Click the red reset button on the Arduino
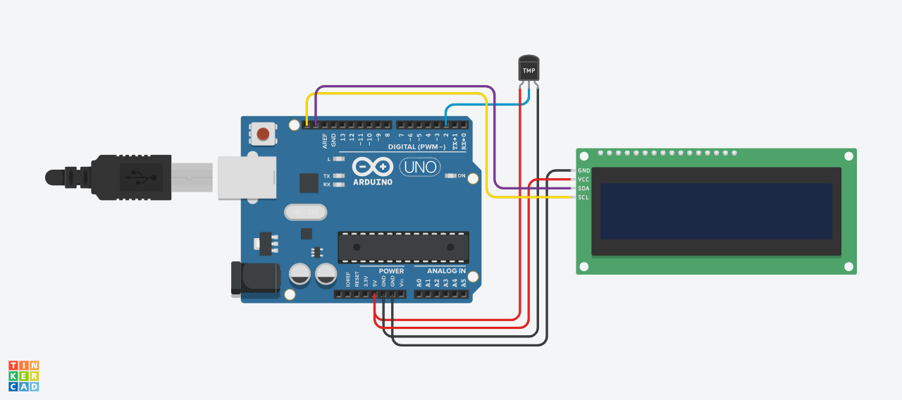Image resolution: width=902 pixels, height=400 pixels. point(263,133)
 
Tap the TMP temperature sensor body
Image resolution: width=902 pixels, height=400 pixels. point(529,70)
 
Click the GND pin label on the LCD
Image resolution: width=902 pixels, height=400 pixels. point(584,170)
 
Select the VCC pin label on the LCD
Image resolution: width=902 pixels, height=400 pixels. point(583,180)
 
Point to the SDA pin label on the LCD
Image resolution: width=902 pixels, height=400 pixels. point(583,189)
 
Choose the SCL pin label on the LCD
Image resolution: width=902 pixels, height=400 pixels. point(583,197)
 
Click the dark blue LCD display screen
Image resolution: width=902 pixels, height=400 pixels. point(716,211)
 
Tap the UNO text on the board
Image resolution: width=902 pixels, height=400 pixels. point(421,168)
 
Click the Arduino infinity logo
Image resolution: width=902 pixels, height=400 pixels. point(372,167)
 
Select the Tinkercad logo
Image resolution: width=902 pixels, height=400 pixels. point(23,376)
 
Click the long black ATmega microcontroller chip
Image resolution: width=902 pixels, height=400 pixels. point(403,246)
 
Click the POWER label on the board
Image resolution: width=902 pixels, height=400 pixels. point(391,270)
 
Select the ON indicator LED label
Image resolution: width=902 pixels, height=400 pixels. point(462,175)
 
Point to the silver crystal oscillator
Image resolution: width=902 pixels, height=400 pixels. point(306,211)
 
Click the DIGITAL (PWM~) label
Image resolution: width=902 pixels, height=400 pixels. point(416,146)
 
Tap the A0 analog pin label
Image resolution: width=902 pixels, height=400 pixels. point(419,283)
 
